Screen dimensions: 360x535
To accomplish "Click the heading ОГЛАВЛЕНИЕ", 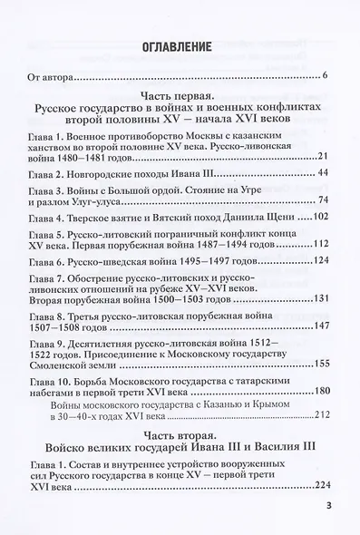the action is [177, 46].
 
